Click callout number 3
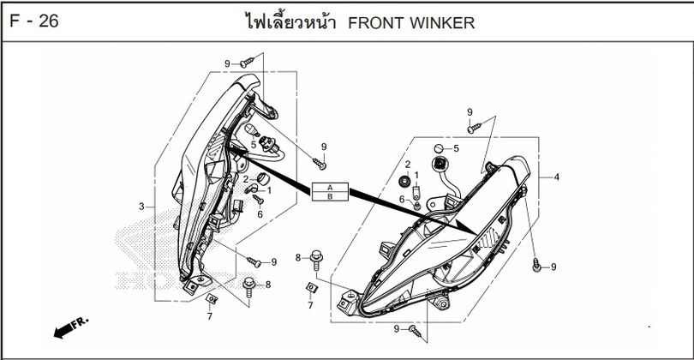(141, 207)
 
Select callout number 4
(557, 177)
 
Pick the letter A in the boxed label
(330, 188)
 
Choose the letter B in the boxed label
(330, 196)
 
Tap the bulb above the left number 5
(253, 129)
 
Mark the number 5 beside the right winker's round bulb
(456, 148)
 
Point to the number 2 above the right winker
(408, 164)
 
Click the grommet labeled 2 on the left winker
(261, 177)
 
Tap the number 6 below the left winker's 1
(260, 213)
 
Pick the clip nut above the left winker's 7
(212, 298)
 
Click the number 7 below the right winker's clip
(310, 304)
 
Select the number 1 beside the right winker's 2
(416, 176)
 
